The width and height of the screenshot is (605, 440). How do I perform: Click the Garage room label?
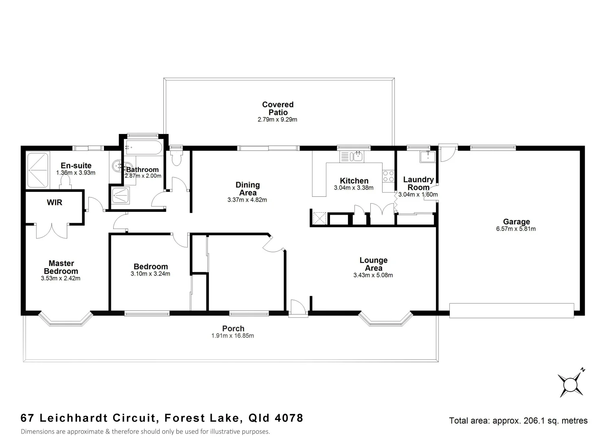point(516,222)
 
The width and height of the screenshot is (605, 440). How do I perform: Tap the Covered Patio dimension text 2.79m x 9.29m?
point(277,120)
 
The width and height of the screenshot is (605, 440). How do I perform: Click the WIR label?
point(55,202)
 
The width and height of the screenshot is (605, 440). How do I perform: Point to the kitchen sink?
point(352,156)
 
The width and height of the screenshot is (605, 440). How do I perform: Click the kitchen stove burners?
point(388,176)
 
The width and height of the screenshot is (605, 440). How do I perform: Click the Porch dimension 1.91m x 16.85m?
point(233,336)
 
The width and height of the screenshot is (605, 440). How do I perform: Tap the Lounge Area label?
point(373,264)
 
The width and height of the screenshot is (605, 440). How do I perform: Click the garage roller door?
point(511,310)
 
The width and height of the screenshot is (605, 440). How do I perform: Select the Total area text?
point(518,420)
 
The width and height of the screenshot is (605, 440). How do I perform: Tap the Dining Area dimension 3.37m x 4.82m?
point(247,200)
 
